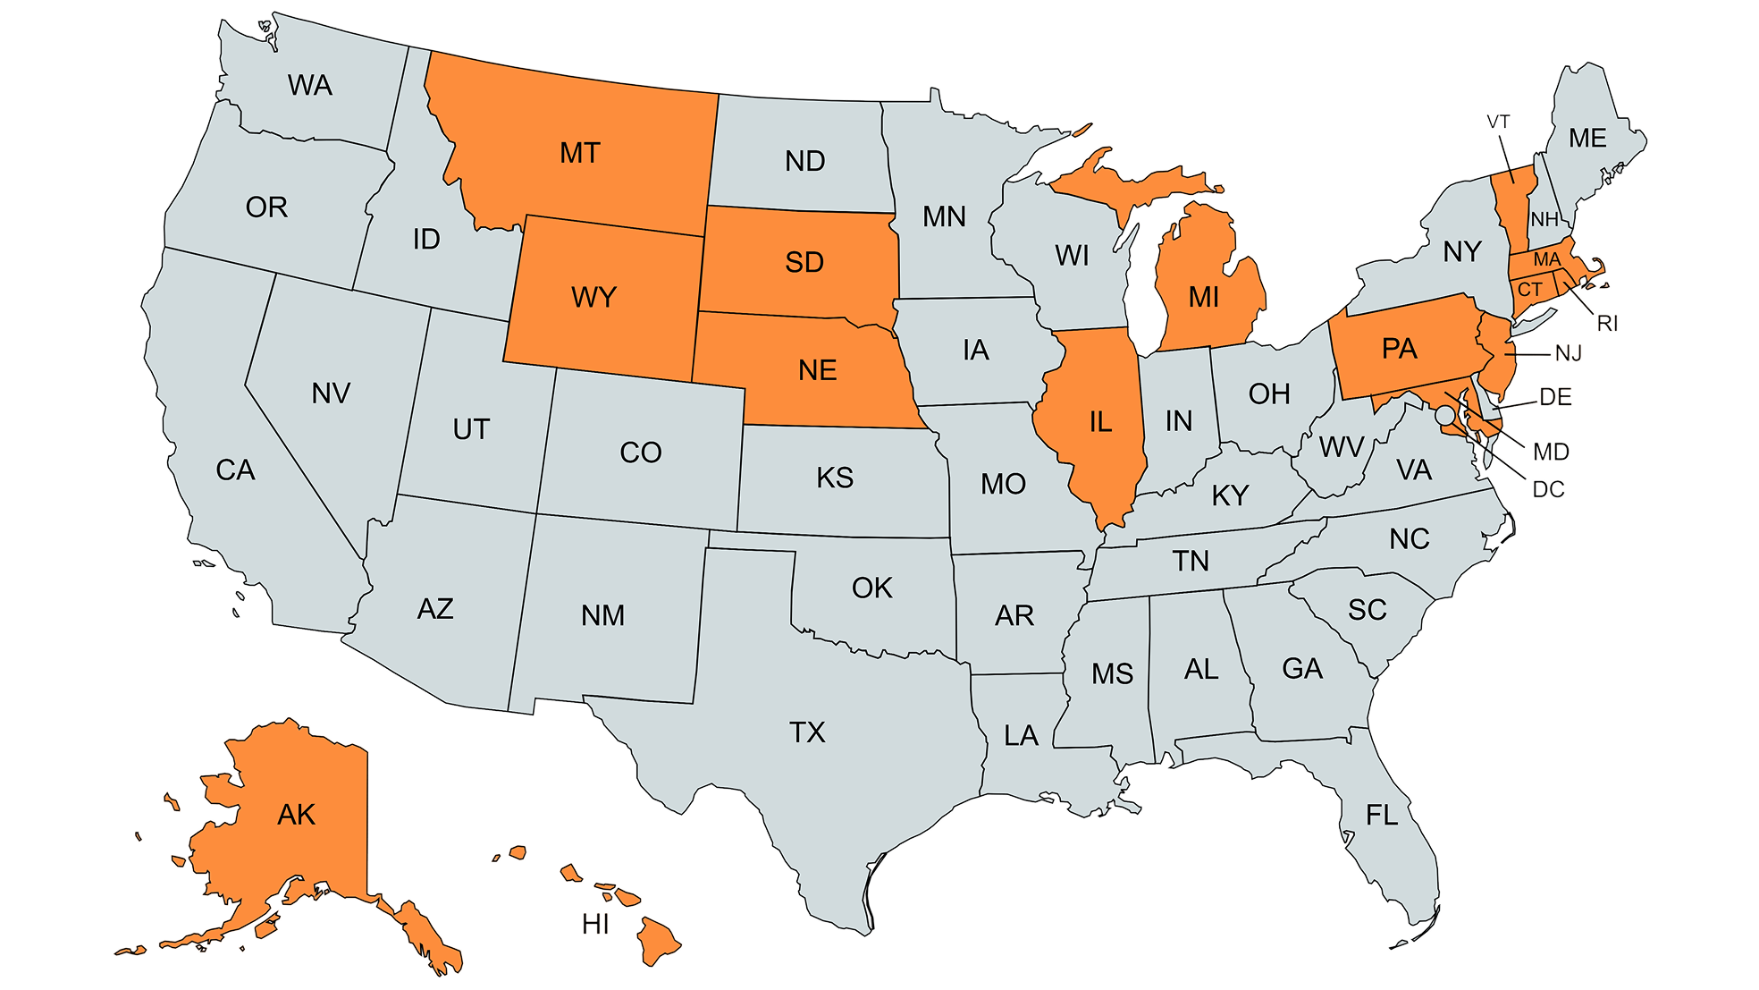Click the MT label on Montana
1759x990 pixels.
point(580,153)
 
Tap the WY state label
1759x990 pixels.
point(593,297)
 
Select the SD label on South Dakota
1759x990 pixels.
point(804,262)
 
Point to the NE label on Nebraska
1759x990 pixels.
point(817,370)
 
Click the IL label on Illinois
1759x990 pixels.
point(1100,421)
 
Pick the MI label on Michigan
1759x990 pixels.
point(1203,297)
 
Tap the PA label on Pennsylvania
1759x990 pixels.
point(1399,349)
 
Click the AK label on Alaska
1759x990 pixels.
point(296,815)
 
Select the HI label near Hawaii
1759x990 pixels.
point(595,925)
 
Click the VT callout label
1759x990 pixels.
point(1499,122)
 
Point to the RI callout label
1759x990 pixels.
point(1607,324)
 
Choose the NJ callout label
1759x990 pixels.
point(1569,354)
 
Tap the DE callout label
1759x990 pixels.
point(1555,397)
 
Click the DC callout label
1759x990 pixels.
point(1548,489)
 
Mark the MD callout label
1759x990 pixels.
point(1551,452)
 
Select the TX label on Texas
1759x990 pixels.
point(807,732)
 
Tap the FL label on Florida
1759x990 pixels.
point(1381,815)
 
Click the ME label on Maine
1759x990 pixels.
point(1587,138)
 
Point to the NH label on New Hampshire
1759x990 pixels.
point(1544,219)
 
